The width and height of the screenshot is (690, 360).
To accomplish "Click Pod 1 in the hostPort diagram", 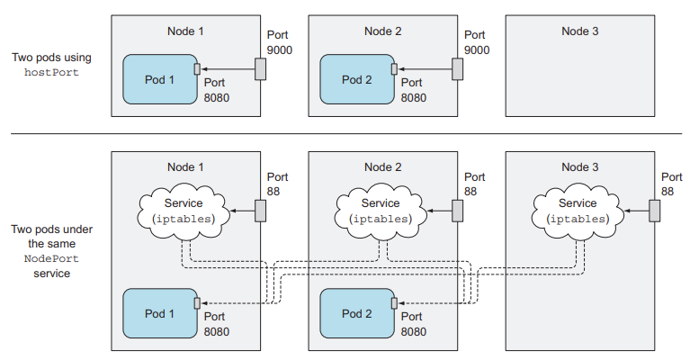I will click(159, 79).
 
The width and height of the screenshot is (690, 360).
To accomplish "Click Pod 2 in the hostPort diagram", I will click(356, 79).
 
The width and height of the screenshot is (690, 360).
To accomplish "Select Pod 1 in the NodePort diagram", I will click(159, 313).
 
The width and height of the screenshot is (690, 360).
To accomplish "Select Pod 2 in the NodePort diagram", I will click(356, 313).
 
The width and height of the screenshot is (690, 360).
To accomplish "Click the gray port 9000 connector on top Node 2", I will click(457, 68).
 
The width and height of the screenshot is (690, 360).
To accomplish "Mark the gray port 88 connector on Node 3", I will click(654, 210).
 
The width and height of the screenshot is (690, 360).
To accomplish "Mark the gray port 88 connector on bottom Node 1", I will click(260, 210).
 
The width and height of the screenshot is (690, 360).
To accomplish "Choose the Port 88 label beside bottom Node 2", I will click(474, 184).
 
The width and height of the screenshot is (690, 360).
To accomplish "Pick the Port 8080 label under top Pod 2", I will click(415, 90).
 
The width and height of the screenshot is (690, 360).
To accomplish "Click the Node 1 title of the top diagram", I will click(186, 31).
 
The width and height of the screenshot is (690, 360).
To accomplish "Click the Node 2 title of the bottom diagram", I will click(383, 166).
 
